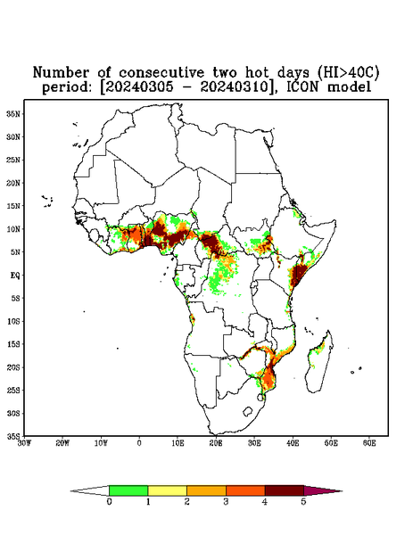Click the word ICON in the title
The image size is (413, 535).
(302, 86)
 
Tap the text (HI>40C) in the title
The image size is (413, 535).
(348, 72)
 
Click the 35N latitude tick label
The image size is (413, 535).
(13, 113)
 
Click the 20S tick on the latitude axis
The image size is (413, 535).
(13, 367)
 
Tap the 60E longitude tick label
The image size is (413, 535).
(369, 443)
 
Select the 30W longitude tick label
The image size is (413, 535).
(24, 443)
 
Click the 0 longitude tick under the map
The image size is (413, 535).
(139, 443)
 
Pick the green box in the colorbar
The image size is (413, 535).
(128, 490)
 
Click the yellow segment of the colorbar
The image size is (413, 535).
(167, 490)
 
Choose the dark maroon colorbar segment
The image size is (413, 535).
(285, 490)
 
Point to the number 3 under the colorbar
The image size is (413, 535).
(226, 502)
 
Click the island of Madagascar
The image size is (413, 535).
(319, 362)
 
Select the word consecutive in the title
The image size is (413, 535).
(161, 72)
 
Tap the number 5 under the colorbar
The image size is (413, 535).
(303, 502)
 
